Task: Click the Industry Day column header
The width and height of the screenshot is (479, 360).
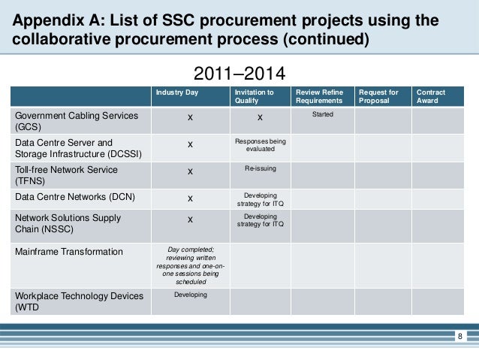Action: point(173,92)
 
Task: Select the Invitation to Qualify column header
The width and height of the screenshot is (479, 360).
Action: point(254,96)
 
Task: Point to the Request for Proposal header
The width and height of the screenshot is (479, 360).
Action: point(378,96)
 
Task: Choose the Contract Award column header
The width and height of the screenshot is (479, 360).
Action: point(430,96)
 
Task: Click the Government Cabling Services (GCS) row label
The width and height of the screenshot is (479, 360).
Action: point(77,122)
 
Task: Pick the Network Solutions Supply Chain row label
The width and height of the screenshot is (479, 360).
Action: point(68,224)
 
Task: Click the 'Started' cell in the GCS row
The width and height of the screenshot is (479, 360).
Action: point(322,115)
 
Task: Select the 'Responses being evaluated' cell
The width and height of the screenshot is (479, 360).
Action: point(260,145)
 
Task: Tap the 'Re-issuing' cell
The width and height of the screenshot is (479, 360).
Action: point(260,169)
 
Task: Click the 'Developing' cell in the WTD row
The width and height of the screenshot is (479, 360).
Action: point(191,295)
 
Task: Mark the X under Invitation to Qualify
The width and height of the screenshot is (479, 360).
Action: point(260,117)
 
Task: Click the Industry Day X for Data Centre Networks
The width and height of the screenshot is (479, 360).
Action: point(191,198)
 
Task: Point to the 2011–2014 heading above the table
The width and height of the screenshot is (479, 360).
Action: point(239,74)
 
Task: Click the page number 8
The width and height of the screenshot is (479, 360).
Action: point(460,336)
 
